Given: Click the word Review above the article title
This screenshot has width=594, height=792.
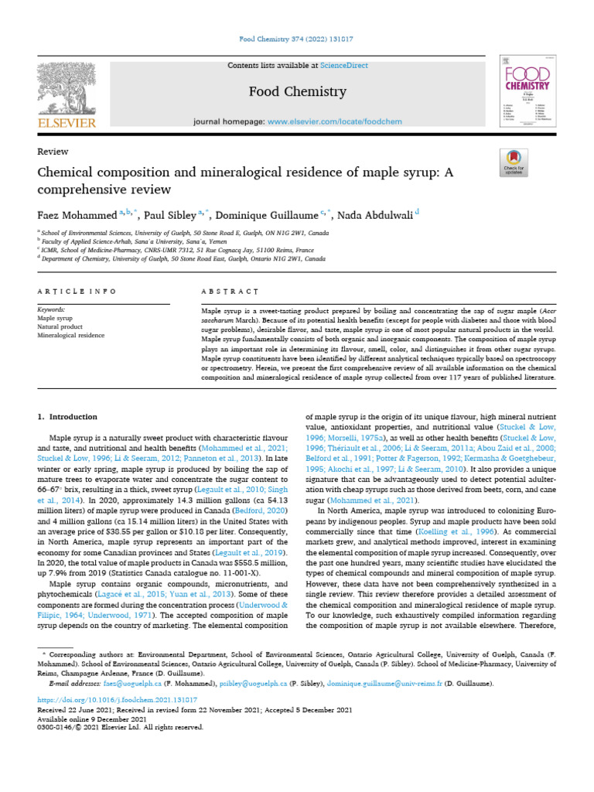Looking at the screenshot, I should (x=53, y=152).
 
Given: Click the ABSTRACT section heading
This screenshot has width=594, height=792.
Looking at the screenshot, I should (x=229, y=292).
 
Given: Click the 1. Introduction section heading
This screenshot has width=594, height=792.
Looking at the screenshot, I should (x=68, y=417).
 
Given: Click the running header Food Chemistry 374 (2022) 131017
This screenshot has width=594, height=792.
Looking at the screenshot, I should (x=297, y=39).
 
